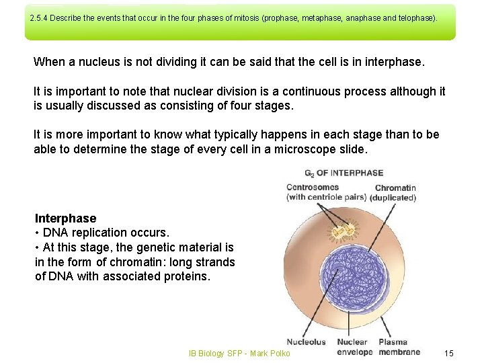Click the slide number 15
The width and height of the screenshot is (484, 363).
450,354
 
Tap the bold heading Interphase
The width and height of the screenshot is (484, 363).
65,218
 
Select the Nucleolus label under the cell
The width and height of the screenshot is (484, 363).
306,342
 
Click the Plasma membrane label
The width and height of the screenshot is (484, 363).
399,347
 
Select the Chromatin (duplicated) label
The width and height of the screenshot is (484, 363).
395,193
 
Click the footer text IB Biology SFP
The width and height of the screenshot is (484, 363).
214,354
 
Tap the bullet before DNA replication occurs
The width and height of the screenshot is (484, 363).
37,233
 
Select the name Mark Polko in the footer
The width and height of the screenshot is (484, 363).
270,354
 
